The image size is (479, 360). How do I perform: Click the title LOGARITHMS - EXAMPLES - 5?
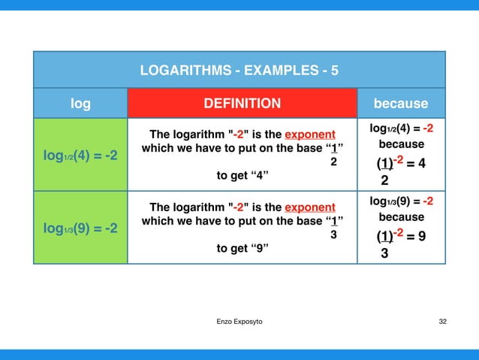(x=239, y=71)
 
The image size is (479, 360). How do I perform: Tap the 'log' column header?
(x=80, y=104)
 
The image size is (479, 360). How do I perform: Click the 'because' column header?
(x=400, y=104)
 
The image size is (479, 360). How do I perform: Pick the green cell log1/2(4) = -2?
(x=80, y=156)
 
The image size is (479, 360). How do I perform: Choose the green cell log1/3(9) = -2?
(x=80, y=228)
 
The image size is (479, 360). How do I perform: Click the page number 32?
(x=442, y=322)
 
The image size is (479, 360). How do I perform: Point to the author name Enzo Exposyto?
(x=239, y=322)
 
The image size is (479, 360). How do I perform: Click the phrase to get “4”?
(x=243, y=176)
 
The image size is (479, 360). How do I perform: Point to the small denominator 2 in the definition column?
(x=335, y=162)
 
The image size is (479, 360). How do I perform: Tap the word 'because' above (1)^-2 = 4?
(x=401, y=144)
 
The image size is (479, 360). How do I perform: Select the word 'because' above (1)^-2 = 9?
(x=401, y=217)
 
